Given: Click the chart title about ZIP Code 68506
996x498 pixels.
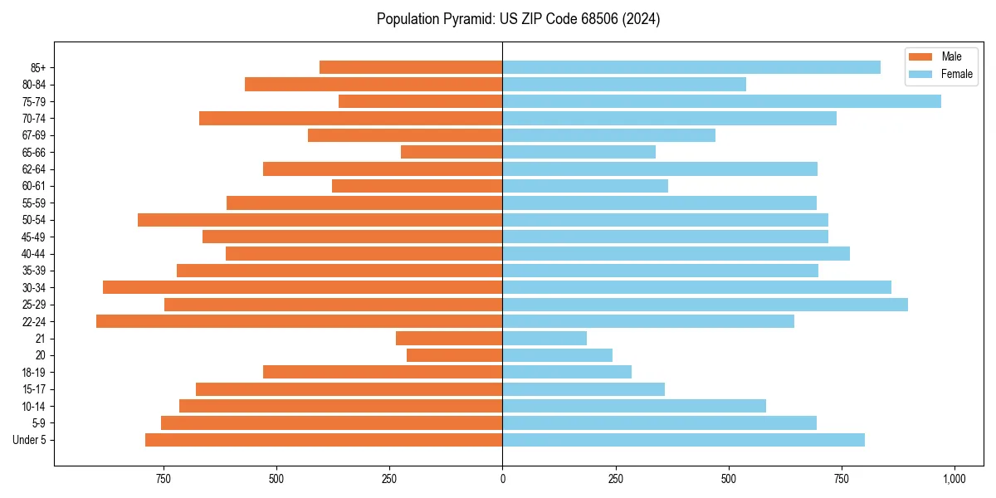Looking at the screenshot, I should (518, 19).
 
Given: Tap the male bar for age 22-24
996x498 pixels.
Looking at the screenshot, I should (299, 321).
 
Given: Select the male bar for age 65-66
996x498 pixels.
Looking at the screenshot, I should (452, 152).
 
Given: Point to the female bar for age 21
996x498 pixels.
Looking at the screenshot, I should (544, 338).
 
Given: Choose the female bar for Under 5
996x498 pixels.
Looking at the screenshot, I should (683, 440).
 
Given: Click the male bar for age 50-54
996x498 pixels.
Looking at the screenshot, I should (320, 220).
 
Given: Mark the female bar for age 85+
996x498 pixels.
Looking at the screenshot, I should (691, 67).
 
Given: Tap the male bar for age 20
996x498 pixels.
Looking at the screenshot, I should (454, 355).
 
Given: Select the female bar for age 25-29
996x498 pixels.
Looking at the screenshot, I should (705, 305).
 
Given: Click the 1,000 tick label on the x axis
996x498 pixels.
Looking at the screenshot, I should (954, 479).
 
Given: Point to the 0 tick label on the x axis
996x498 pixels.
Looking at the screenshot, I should (502, 479).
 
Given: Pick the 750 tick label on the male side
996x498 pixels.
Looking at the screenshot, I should (164, 479).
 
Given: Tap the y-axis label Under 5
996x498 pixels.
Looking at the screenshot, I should (29, 440).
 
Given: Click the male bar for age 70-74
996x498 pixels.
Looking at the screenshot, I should (350, 118).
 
